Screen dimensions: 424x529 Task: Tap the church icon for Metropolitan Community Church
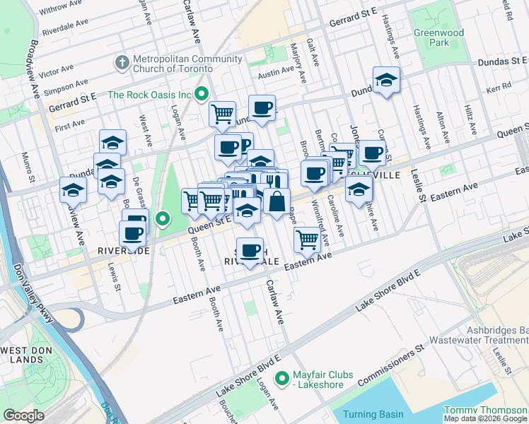click(122, 63)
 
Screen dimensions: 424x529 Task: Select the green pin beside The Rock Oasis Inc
click(202, 93)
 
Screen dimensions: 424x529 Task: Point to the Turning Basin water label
click(373, 414)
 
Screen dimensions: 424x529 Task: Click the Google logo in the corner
click(23, 415)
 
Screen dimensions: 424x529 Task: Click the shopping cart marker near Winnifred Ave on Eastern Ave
click(307, 239)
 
